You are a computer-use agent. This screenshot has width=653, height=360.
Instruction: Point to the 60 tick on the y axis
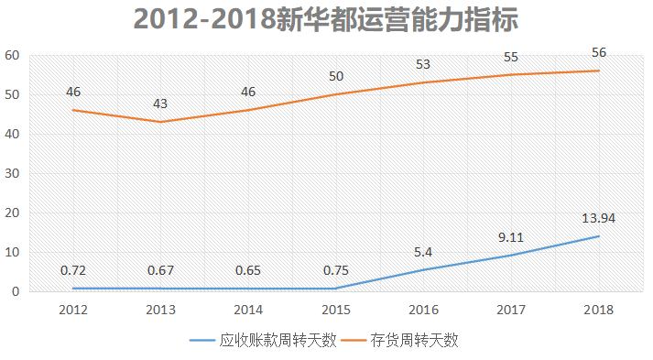12,55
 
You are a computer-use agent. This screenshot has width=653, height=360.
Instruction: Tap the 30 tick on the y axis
12,173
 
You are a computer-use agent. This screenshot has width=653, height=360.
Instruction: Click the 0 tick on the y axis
16,291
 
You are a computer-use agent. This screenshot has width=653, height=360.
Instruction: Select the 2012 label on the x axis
72,311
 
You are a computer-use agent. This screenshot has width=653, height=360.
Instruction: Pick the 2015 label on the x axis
336,311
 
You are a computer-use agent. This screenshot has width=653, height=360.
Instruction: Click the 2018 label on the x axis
599,311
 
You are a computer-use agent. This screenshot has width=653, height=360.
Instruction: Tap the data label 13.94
599,218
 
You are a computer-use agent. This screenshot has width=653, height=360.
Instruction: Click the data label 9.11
511,237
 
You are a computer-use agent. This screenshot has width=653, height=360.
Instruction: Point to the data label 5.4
423,252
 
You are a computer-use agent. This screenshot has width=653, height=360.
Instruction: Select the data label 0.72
72,270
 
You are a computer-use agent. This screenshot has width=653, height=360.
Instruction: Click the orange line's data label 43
160,104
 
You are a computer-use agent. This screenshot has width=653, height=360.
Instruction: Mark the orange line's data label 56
599,52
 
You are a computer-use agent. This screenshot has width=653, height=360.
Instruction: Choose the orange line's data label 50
336,76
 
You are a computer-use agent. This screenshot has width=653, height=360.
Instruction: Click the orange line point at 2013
160,122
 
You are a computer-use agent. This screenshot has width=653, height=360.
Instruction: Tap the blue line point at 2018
599,236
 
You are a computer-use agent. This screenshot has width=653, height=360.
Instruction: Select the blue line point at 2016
423,270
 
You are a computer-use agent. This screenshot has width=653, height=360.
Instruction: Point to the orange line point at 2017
511,74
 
